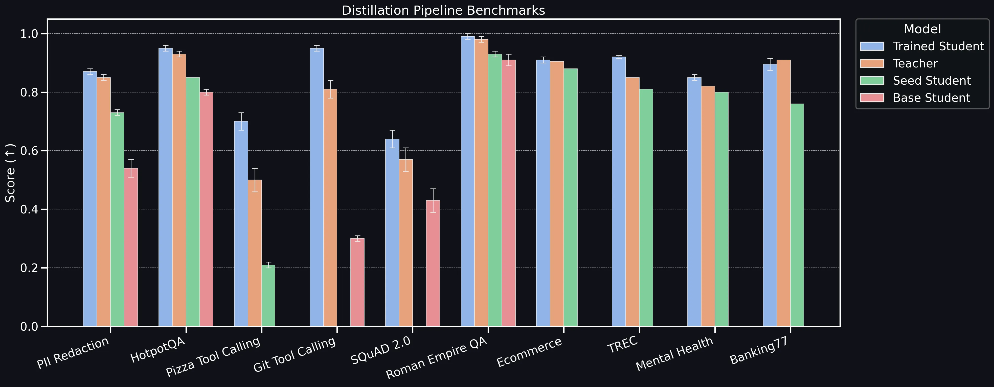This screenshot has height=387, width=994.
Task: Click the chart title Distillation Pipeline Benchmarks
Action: point(443,10)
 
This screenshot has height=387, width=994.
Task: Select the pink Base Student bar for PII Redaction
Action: point(131,247)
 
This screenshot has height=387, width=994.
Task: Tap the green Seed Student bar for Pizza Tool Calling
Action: point(268,295)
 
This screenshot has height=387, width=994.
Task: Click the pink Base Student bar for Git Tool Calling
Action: point(357,282)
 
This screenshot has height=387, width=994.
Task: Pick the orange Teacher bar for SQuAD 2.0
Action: point(406,243)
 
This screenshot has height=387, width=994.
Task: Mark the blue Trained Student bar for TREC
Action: point(619,191)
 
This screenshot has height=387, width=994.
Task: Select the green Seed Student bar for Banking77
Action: point(797,215)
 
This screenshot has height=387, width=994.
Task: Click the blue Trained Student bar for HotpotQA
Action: point(166,187)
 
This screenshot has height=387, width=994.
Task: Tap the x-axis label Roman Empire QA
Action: point(437,357)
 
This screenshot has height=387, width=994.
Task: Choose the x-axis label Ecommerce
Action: point(529,352)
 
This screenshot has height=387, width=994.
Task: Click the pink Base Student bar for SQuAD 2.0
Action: point(433,263)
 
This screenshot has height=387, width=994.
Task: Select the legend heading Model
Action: point(922,29)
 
